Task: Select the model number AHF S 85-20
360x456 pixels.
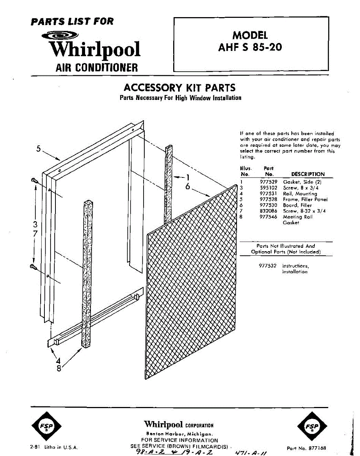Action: tap(250, 48)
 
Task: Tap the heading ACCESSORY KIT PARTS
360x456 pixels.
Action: tap(180, 88)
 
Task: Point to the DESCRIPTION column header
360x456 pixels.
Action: tap(308, 174)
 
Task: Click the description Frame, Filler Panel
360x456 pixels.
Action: tap(305, 199)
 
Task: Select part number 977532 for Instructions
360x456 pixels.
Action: tap(268, 266)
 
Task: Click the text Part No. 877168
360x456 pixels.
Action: tap(306, 448)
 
